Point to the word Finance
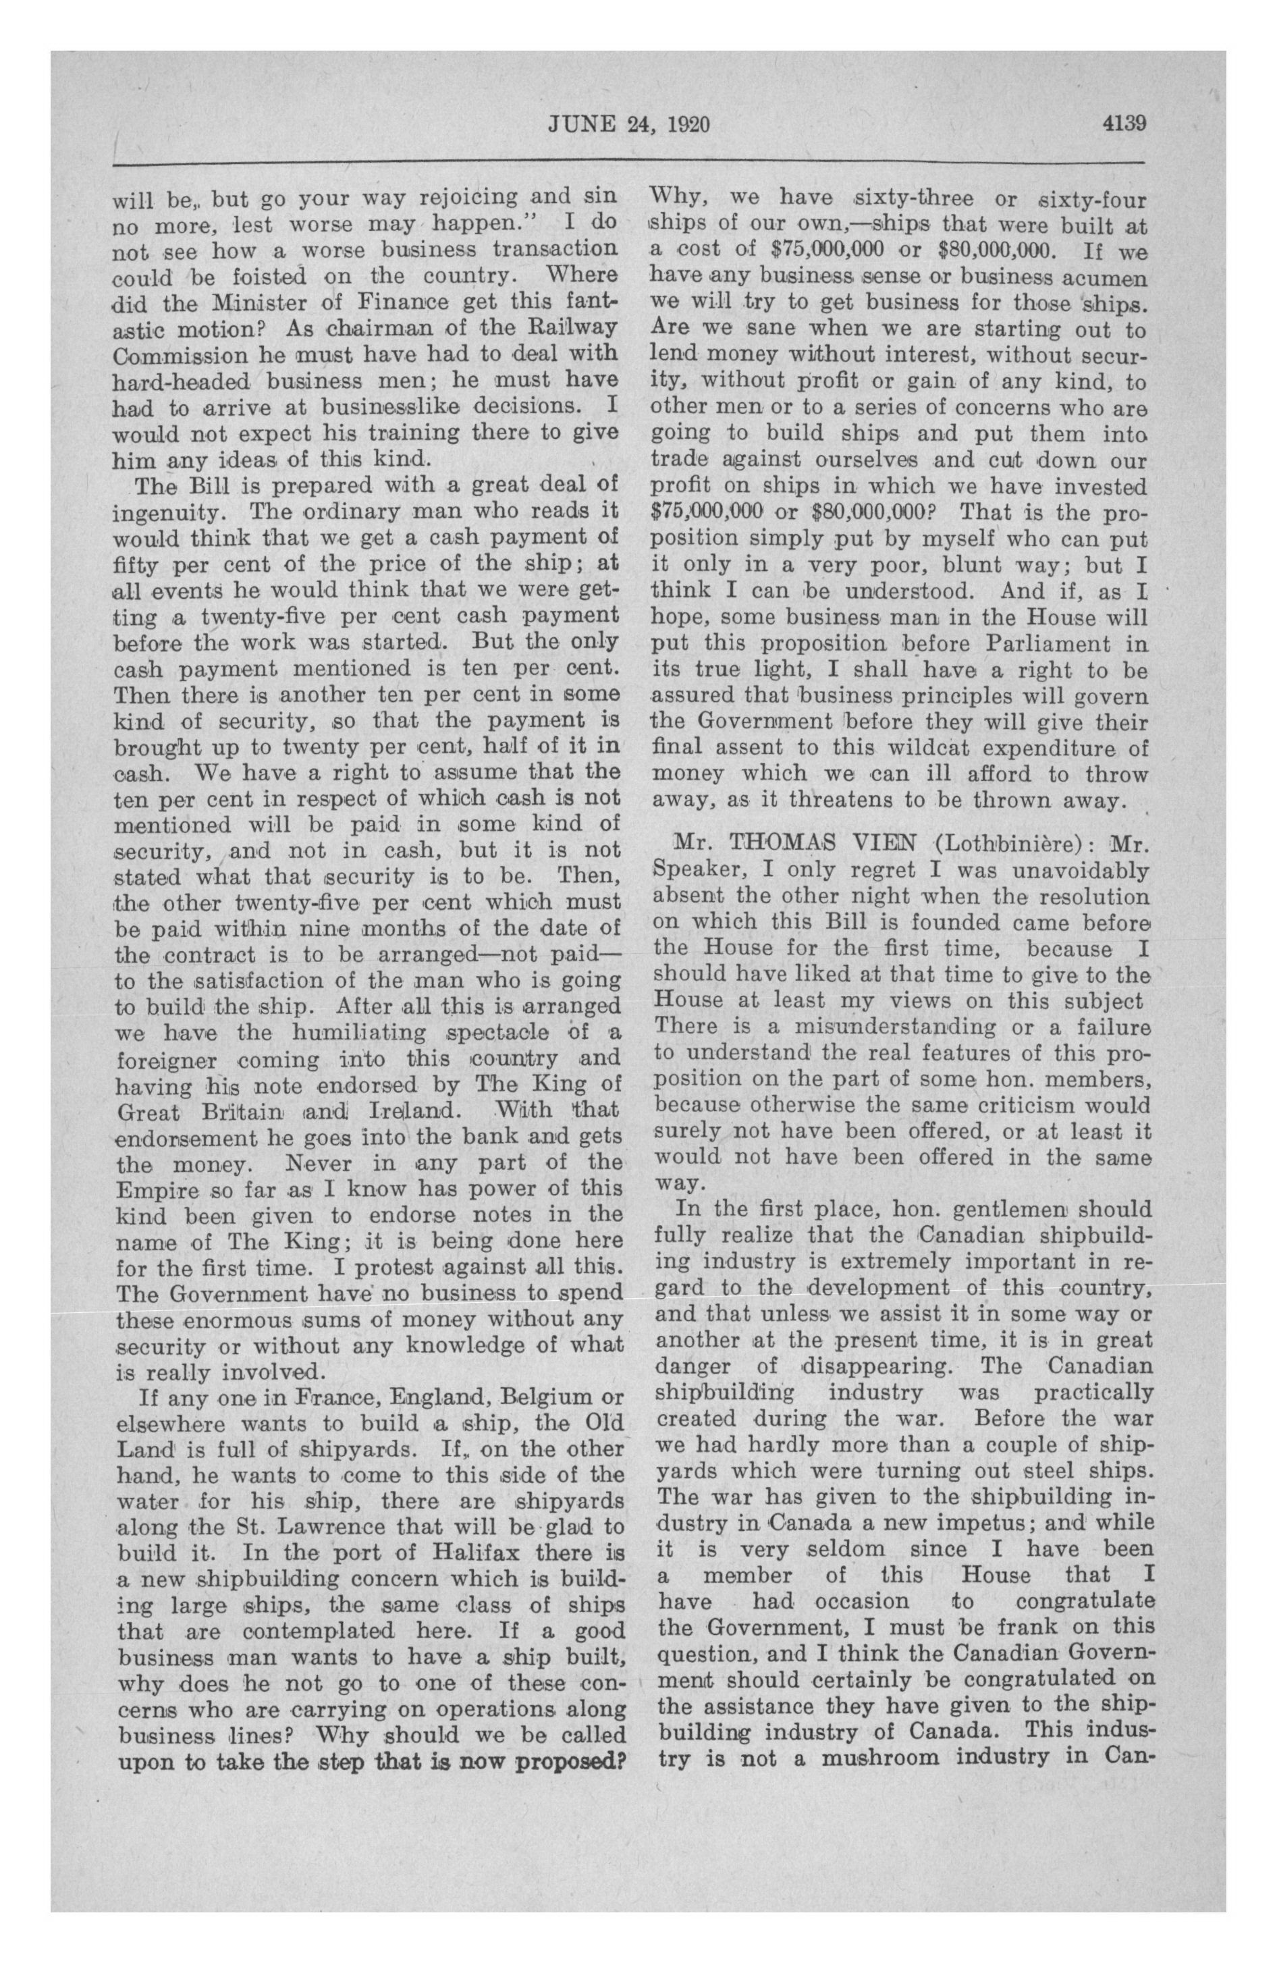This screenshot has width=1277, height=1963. [x=396, y=302]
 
